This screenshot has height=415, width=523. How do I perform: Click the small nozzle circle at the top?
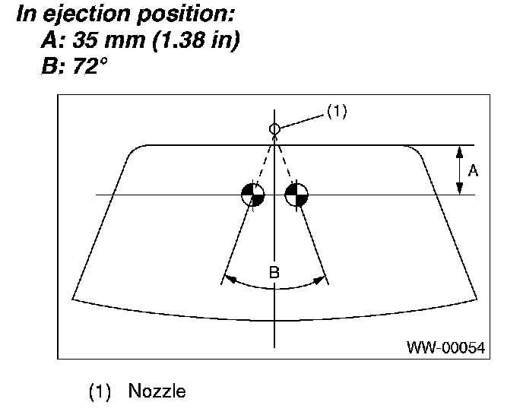[x=274, y=129]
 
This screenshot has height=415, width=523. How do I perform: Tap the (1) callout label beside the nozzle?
[x=337, y=111]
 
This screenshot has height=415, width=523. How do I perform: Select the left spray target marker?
[x=253, y=195]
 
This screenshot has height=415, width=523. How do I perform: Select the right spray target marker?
[x=296, y=195]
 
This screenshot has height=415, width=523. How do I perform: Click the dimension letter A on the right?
[x=473, y=172]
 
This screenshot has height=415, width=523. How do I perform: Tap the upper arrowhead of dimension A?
[x=459, y=150]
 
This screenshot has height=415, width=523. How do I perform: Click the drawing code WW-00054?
[x=446, y=348]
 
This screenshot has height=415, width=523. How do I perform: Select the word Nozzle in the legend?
[x=157, y=392]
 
